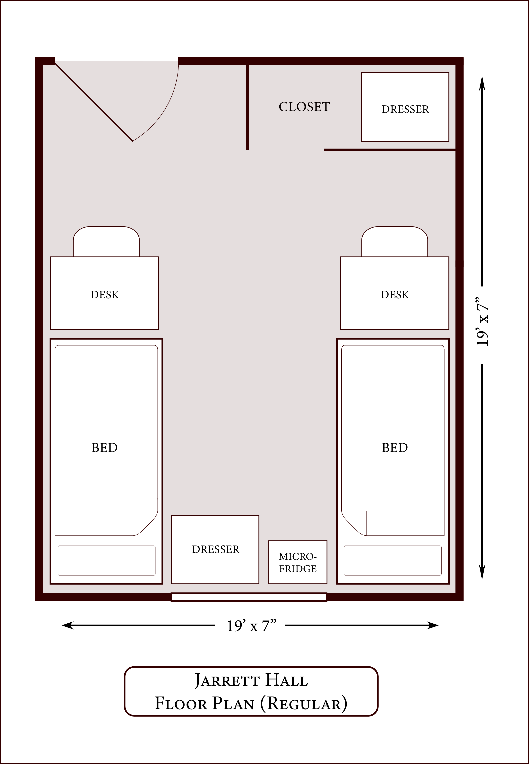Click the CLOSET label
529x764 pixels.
coord(304,107)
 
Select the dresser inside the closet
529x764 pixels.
coord(405,107)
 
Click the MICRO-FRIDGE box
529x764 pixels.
coord(298,562)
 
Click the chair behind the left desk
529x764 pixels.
coord(106,241)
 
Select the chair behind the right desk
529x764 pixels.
coord(395,241)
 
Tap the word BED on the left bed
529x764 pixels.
coord(104,448)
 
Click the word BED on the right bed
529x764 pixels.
coord(395,448)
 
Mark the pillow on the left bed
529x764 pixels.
coord(106,560)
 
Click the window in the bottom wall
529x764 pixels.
coord(249,597)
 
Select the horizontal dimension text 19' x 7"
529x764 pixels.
coord(251,626)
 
